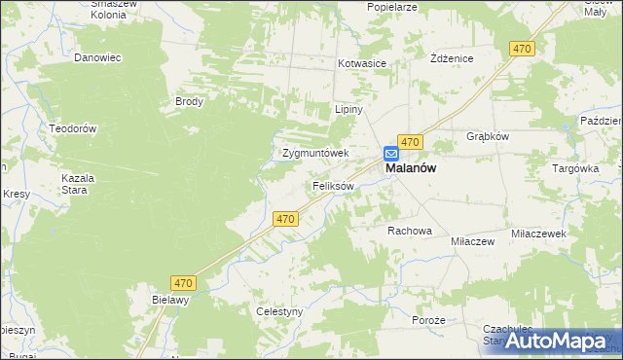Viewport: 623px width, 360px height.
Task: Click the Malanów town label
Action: pos(411,168)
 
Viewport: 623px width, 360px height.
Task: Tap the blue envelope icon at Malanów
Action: pos(390,154)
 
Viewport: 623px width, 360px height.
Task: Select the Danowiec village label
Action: pos(97,57)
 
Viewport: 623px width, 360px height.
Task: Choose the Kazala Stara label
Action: pos(77,184)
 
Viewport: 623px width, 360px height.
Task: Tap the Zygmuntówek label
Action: pos(315,153)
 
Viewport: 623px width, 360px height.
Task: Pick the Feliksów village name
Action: pos(333,185)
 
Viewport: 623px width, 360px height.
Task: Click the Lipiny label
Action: pos(348,110)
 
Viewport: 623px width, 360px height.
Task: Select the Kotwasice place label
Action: pos(362,63)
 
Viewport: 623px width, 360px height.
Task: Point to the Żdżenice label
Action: pos(452,58)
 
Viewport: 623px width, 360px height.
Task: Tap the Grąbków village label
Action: pos(489,137)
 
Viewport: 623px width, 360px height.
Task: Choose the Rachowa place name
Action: pos(409,231)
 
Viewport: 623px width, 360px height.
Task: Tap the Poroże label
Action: pos(428,320)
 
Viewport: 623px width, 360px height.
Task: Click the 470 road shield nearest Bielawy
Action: pos(185,283)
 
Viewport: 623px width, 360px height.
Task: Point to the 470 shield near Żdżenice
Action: pos(523,49)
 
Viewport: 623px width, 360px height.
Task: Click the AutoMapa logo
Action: pos(552,341)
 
